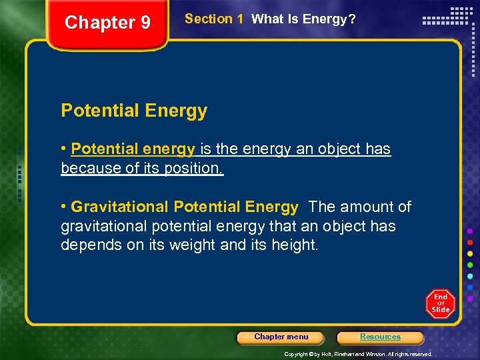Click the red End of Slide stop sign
440,303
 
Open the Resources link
380,337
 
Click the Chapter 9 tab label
107,23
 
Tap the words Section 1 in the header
213,19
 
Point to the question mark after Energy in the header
352,19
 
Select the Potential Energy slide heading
134,111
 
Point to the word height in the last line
294,245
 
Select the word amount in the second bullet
368,207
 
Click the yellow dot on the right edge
470,253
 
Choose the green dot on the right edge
470,265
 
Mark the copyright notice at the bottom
358,354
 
